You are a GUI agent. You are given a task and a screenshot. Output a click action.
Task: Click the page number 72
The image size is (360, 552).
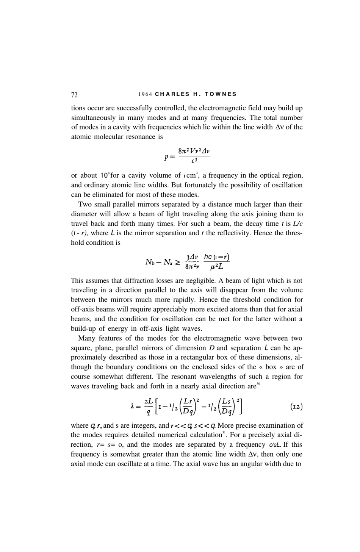pyautogui.click(x=74, y=94)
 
